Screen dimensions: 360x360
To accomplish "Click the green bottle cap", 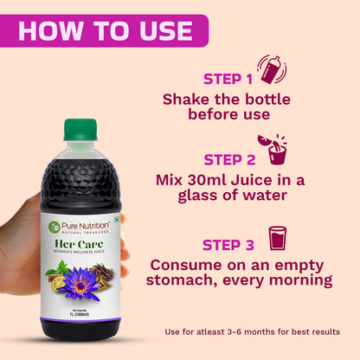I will [x=80, y=129].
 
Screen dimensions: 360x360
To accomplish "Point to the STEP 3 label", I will [x=229, y=243].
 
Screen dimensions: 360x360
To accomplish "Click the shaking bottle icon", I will [x=271, y=69].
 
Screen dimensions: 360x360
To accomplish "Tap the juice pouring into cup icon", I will [x=274, y=149].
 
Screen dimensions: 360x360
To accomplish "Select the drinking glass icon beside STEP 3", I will [x=278, y=238].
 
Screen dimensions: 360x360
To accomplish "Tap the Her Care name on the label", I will [x=80, y=243].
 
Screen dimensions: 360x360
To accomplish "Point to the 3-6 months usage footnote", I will [x=252, y=331].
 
